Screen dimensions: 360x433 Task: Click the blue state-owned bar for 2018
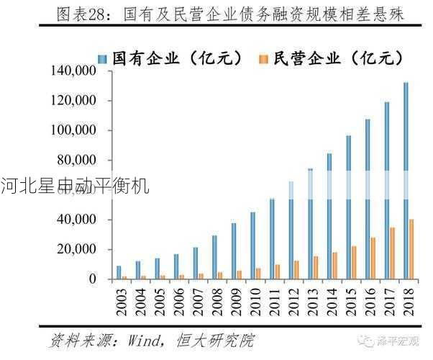tap(406, 180)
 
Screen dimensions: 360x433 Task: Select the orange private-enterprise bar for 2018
tap(411, 249)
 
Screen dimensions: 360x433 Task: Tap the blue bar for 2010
tap(252, 246)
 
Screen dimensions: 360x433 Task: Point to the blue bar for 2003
tap(119, 272)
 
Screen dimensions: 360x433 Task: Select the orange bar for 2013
tap(315, 267)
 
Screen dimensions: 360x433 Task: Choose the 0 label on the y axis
tap(93, 279)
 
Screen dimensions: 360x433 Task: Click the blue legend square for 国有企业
tap(102, 58)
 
